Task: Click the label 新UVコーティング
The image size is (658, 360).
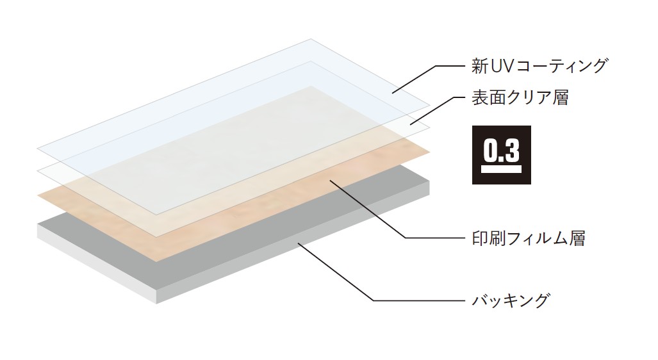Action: pyautogui.click(x=538, y=65)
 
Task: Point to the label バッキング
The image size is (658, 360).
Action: pyautogui.click(x=511, y=300)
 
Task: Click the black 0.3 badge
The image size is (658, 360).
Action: pyautogui.click(x=501, y=154)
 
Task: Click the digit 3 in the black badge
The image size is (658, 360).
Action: pyautogui.click(x=511, y=151)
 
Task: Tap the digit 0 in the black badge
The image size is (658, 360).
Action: pyautogui.click(x=490, y=151)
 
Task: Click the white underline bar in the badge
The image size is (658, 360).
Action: pyautogui.click(x=501, y=170)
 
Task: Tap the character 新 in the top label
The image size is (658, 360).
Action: pyautogui.click(x=479, y=65)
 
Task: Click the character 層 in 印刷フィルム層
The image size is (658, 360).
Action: pyautogui.click(x=576, y=239)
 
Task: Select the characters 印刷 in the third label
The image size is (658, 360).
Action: pyautogui.click(x=489, y=239)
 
